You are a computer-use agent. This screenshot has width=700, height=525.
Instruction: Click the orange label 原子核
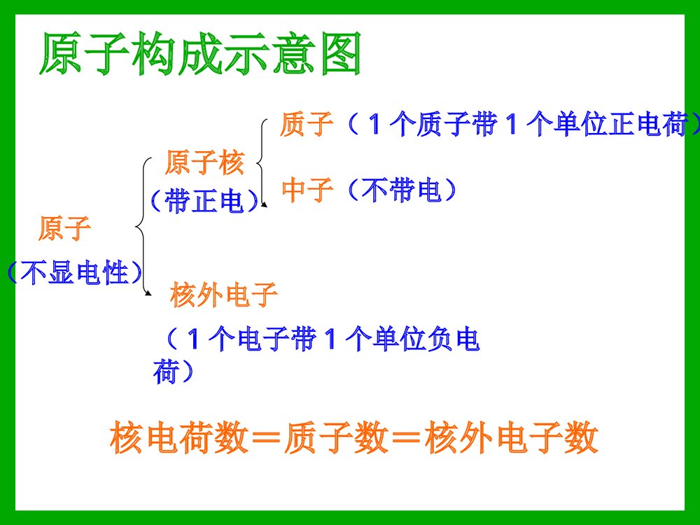click(204, 164)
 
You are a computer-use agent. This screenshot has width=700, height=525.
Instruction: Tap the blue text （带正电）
click(204, 202)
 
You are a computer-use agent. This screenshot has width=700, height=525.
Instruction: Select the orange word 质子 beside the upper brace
click(305, 125)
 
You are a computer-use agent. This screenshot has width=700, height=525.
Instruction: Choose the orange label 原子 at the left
click(64, 228)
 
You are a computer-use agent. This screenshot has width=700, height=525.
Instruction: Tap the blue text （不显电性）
click(73, 272)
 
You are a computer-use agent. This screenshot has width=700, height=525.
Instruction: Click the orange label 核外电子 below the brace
click(224, 296)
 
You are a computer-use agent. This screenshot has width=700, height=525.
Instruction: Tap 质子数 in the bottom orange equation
click(335, 439)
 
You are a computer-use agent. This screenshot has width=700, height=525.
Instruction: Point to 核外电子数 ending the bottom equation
click(511, 439)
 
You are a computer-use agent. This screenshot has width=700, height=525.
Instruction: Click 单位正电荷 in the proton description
click(616, 125)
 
